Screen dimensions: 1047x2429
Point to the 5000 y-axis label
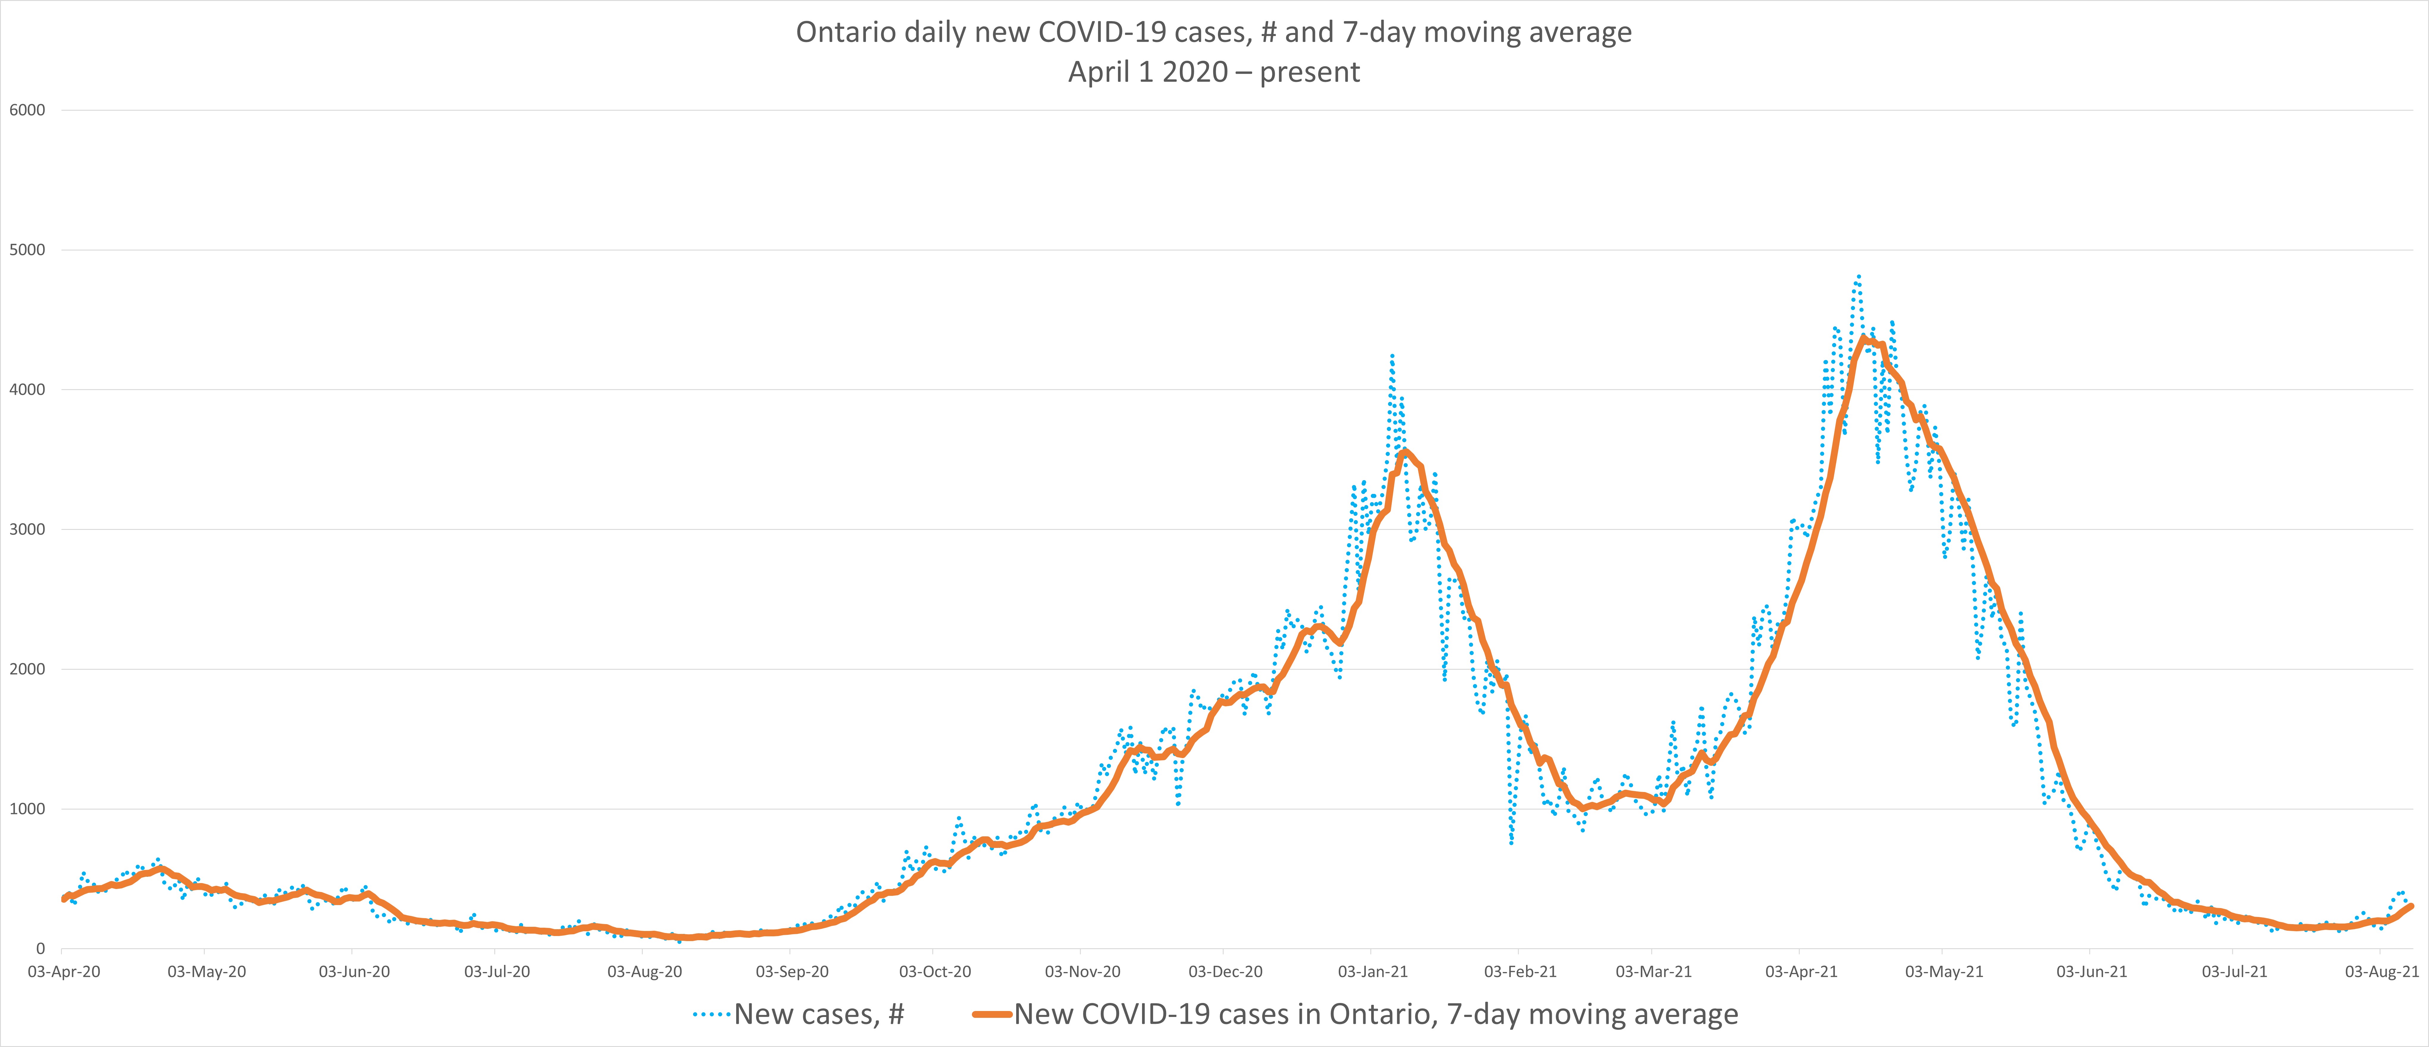[26, 250]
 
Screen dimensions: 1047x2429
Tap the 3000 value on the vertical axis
[26, 529]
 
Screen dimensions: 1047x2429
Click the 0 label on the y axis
[40, 949]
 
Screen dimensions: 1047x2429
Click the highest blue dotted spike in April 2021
[1858, 276]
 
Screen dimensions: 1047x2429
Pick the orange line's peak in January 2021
[1405, 452]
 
